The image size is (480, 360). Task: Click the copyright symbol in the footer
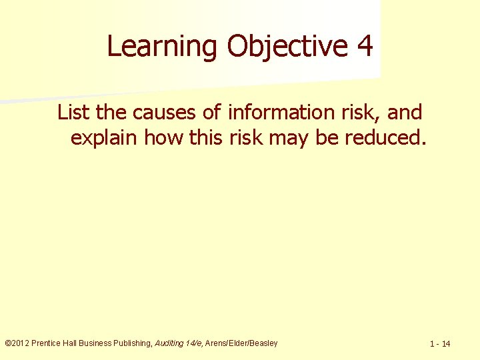coord(7,343)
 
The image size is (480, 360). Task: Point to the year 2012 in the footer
coord(21,343)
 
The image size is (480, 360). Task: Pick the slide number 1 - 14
coord(440,344)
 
